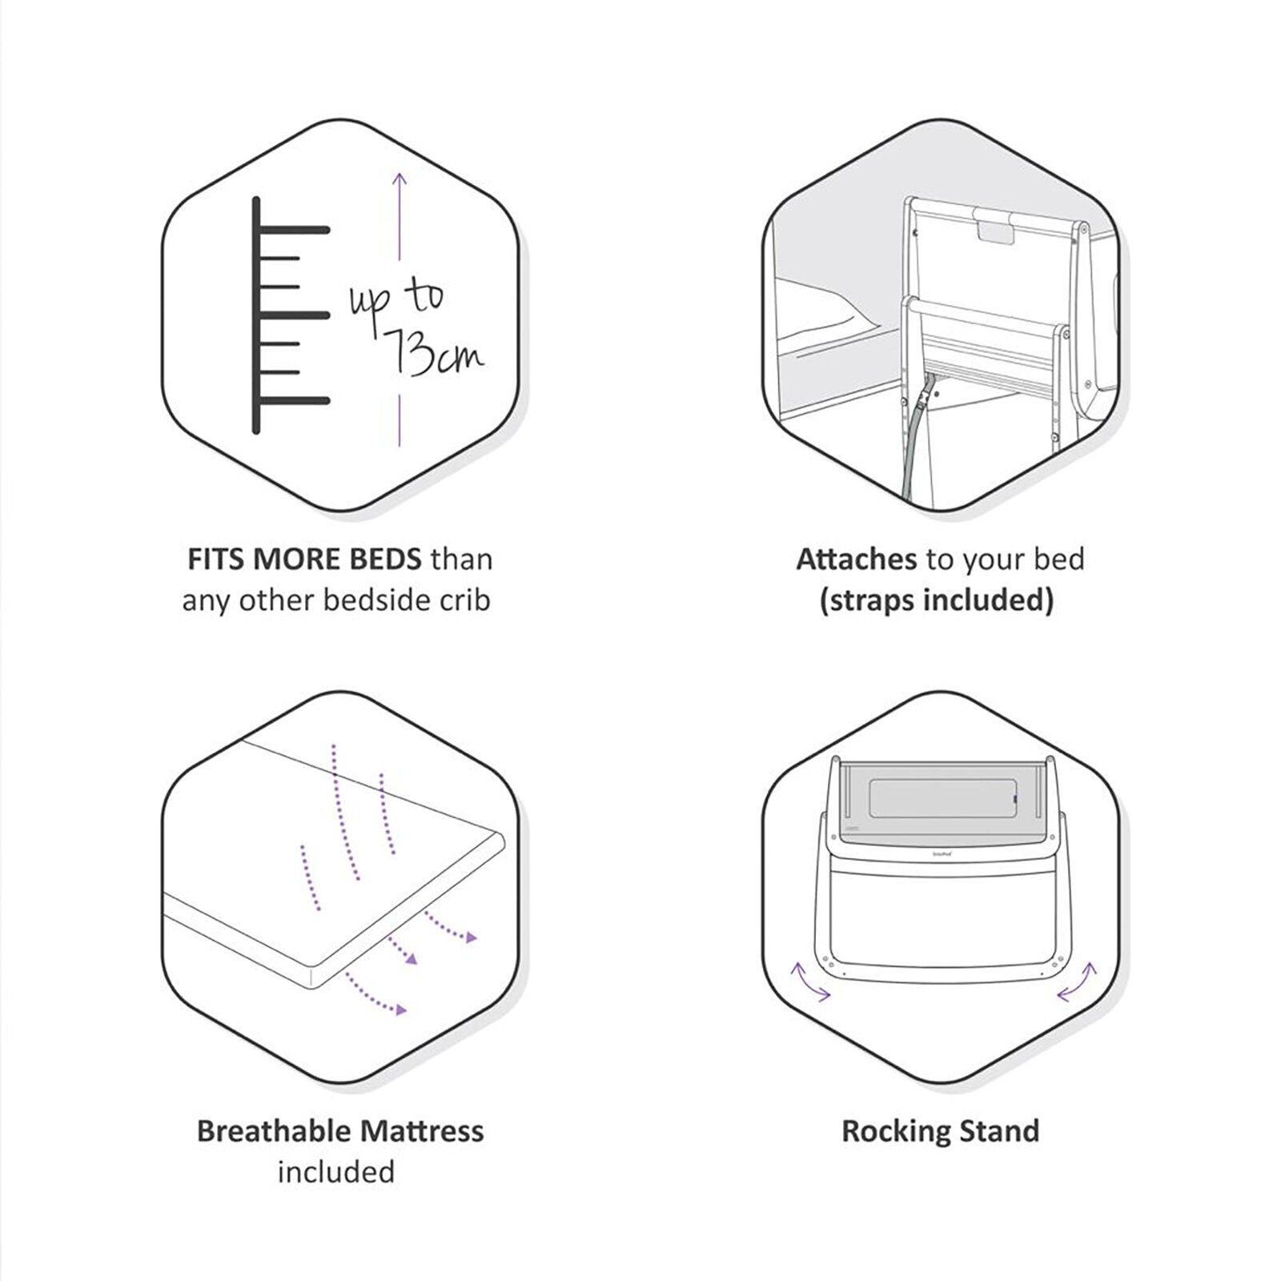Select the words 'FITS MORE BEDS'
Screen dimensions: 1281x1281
(303, 559)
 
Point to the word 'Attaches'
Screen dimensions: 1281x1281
(857, 559)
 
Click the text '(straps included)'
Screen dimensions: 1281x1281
(936, 600)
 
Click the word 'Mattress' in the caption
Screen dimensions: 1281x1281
(422, 1130)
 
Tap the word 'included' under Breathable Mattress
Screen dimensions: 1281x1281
(336, 1172)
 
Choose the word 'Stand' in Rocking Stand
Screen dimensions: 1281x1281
(1000, 1130)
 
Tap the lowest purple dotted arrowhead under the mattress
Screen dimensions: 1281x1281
(400, 1010)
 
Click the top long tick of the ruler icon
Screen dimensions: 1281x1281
(293, 231)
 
